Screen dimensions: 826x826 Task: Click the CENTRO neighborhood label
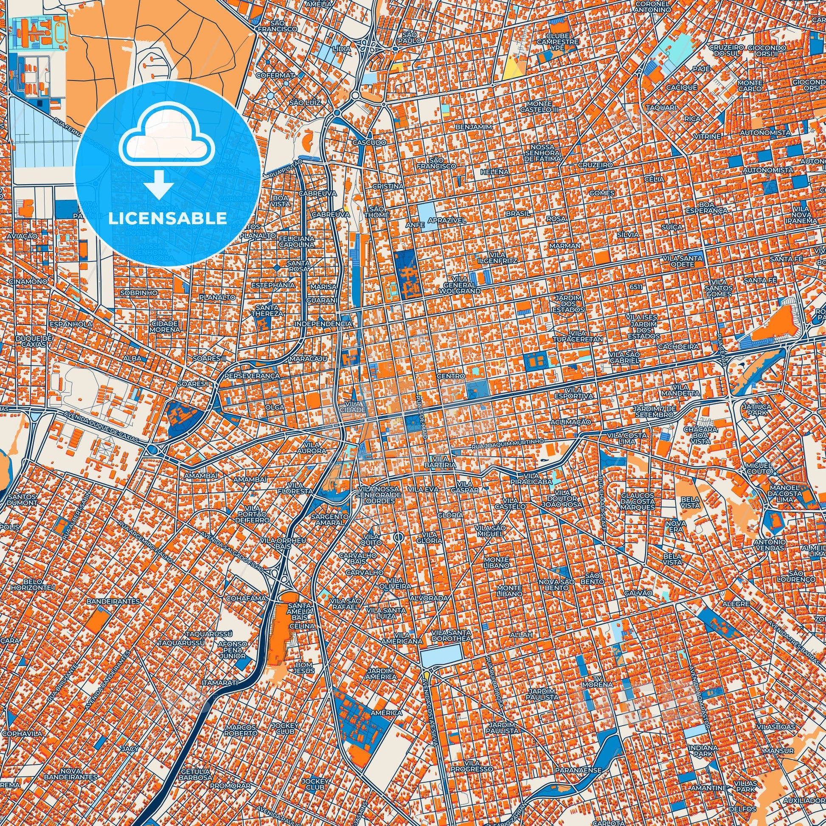pos(451,376)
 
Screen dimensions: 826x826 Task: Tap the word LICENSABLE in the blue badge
pos(168,218)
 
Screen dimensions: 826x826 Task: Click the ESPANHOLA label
pos(71,324)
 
